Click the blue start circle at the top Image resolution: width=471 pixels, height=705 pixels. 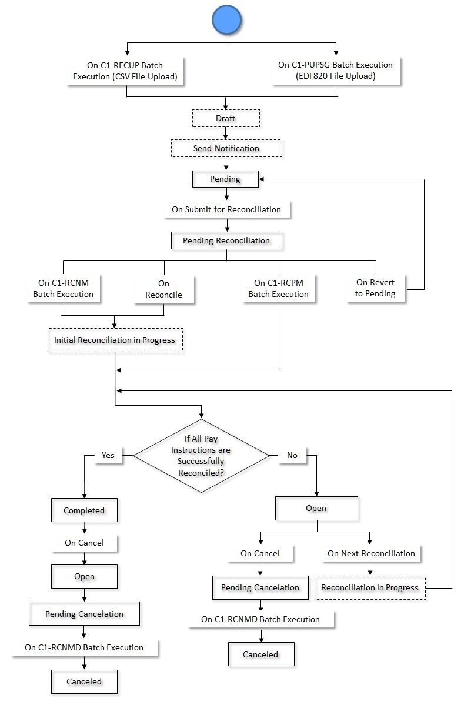point(226,21)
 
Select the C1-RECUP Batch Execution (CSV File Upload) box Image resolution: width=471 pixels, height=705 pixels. point(125,71)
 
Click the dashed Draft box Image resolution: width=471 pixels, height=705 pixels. point(225,118)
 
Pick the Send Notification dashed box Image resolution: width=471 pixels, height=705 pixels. point(226,148)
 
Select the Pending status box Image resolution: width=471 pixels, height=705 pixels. point(225,179)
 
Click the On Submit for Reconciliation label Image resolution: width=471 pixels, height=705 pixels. point(226,209)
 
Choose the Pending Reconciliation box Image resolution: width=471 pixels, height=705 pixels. point(226,240)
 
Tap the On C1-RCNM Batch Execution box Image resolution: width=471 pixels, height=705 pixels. point(63,289)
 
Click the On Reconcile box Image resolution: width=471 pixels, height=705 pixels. point(163,289)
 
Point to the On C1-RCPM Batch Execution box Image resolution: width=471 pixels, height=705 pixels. point(278,289)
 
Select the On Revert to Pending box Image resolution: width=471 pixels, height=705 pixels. point(375,288)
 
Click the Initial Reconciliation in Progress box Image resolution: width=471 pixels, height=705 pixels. point(115,340)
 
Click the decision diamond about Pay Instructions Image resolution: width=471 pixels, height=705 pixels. point(202,456)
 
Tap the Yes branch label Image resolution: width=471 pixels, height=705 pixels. point(108,455)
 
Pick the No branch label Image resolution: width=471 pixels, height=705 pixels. point(292,455)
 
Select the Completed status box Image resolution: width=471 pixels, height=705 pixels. point(84,510)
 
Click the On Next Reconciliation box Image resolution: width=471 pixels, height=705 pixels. point(371,553)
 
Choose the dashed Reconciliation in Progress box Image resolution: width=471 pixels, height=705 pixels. point(370,587)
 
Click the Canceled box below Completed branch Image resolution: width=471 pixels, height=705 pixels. point(84,681)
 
